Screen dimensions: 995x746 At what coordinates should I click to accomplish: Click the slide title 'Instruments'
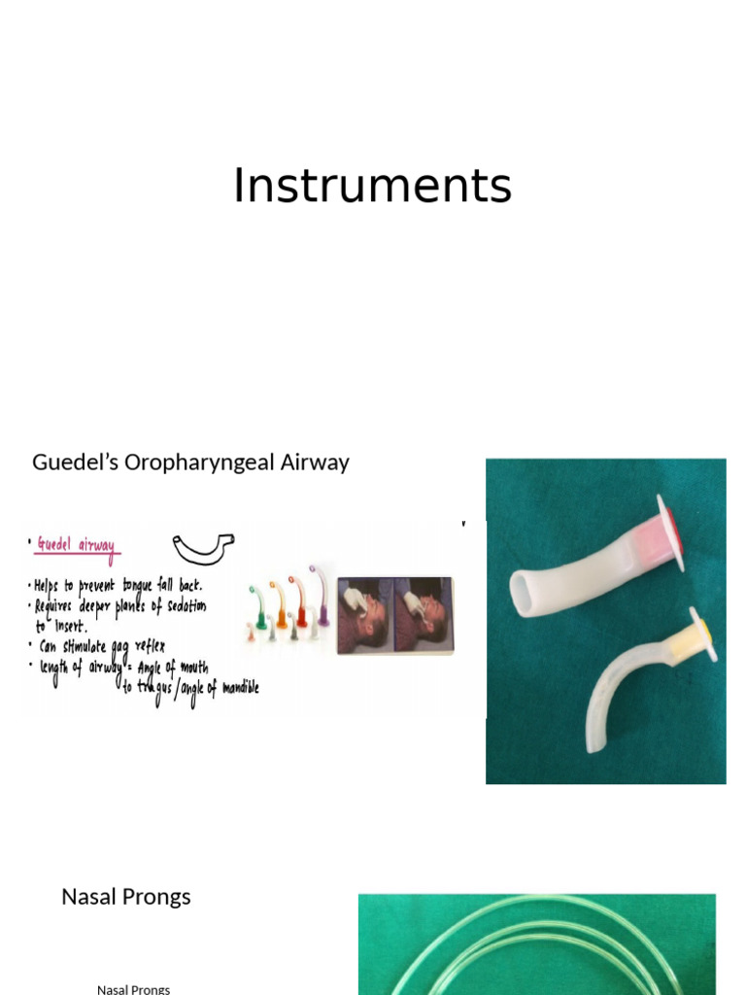click(x=372, y=186)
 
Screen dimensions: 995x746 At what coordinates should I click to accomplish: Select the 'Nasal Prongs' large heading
click(x=126, y=897)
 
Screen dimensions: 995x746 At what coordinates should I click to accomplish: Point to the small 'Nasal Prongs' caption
click(x=133, y=989)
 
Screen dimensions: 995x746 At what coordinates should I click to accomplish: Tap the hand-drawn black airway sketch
click(x=203, y=546)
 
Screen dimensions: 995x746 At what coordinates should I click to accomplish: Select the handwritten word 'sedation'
click(x=181, y=606)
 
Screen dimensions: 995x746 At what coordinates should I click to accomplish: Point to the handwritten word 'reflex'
click(x=143, y=646)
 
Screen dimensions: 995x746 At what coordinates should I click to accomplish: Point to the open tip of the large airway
click(x=522, y=592)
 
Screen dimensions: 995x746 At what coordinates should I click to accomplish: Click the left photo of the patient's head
click(x=365, y=614)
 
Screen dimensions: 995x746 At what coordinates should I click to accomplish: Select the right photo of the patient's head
click(x=424, y=614)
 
